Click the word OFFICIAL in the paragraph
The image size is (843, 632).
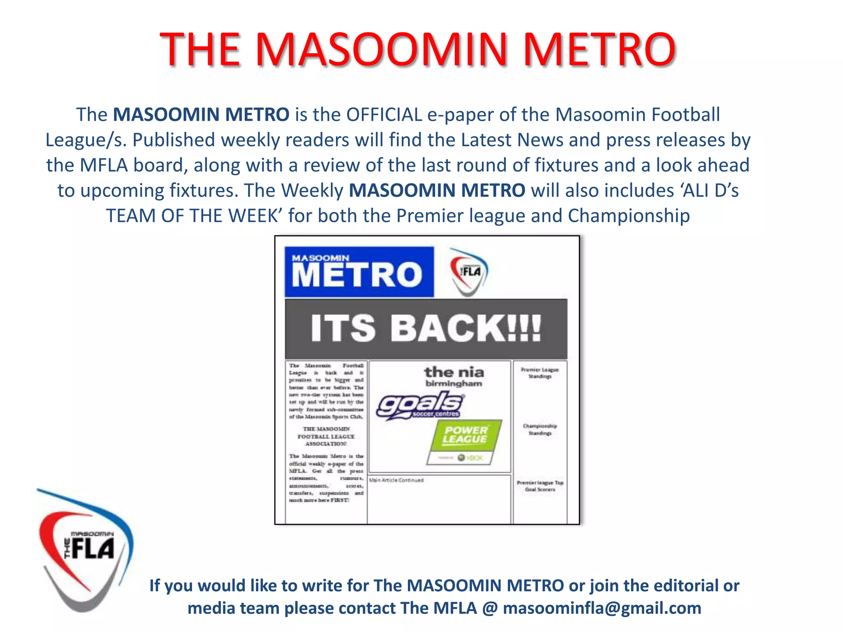tap(384, 114)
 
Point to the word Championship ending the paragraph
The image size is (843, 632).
tap(629, 216)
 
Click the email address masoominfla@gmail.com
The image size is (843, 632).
tap(602, 608)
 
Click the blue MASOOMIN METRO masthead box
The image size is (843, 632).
tap(359, 272)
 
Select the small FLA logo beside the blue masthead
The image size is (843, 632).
tap(469, 271)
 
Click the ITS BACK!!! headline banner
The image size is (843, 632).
tap(426, 328)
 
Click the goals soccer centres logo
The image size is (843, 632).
tap(420, 405)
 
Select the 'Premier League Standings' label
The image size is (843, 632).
tap(540, 373)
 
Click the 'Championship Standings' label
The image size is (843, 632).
tap(540, 429)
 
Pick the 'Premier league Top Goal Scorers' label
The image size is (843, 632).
tap(540, 486)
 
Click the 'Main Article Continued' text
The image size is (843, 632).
tap(396, 480)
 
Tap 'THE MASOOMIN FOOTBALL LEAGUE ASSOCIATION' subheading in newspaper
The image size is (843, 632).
tap(326, 436)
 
